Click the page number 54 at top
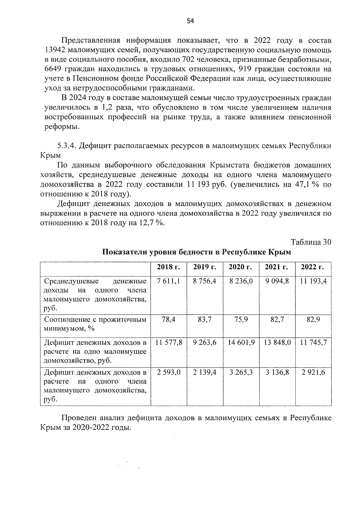tap(190, 21)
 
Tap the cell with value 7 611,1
tap(168, 281)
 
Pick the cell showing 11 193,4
tap(313, 281)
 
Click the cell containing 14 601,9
tap(241, 342)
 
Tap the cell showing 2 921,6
tap(313, 372)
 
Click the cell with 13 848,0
tap(277, 342)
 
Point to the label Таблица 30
tap(311, 242)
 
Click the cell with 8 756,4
tap(205, 281)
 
